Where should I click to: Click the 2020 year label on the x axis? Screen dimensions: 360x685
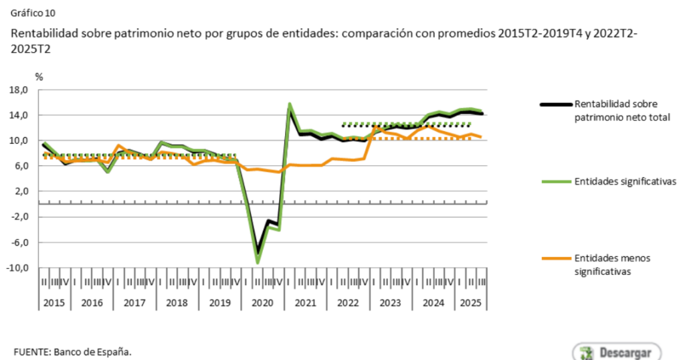coord(262,302)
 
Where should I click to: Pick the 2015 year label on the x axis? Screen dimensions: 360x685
coord(54,302)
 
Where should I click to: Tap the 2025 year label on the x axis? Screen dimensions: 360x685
coord(471,302)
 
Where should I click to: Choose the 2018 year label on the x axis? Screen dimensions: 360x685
coord(177,302)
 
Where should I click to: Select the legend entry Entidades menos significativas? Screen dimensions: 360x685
coord(611,264)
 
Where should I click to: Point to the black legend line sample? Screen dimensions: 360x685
coord(555,104)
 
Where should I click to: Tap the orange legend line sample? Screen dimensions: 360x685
coord(555,258)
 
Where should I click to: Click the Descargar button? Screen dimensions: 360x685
coord(616,352)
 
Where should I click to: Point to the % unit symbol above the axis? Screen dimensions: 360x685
coord(39,77)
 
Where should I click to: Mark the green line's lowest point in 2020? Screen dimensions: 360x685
coord(258,262)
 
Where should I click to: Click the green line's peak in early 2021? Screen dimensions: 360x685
coord(290,104)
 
